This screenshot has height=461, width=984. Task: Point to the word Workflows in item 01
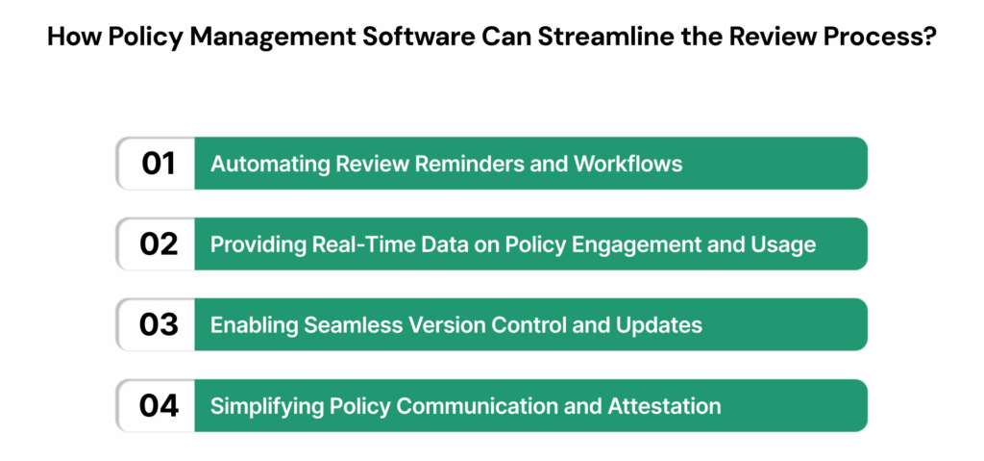point(628,165)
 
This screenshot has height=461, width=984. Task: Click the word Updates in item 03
point(666,326)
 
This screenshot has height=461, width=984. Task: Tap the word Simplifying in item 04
point(260,407)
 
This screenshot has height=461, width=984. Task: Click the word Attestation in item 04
point(664,407)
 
